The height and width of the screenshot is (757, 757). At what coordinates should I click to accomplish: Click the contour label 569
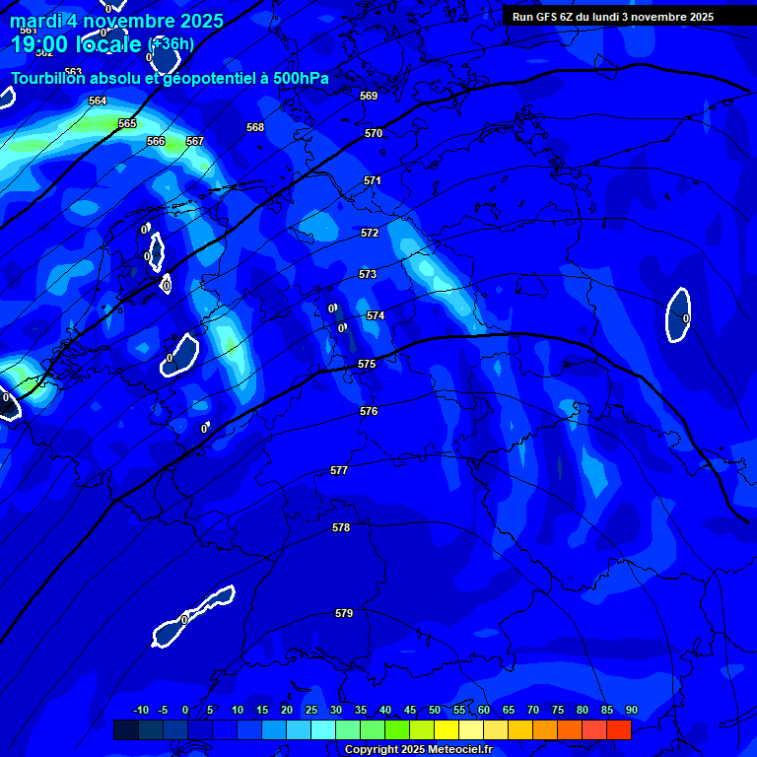point(369,96)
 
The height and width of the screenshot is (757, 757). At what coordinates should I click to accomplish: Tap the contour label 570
point(373,133)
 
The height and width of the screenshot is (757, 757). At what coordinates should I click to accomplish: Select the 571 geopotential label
point(372,180)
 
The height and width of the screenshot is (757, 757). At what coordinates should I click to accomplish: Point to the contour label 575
point(367,364)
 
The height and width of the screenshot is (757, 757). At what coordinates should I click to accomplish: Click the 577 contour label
point(339,470)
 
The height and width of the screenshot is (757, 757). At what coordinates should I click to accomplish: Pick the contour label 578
point(341,527)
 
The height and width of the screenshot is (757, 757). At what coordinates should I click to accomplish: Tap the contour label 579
point(344,613)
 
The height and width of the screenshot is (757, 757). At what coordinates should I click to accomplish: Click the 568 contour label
point(255,127)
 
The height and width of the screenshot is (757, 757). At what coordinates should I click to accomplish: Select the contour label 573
point(368,274)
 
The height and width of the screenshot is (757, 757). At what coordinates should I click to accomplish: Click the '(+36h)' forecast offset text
point(171,44)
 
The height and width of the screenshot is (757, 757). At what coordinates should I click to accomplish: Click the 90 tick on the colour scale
point(631,710)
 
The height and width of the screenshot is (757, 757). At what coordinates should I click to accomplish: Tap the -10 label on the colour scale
point(140,710)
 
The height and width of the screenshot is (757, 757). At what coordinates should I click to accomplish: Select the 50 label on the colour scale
point(435,710)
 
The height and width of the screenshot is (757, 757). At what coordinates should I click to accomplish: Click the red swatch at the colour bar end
point(618,729)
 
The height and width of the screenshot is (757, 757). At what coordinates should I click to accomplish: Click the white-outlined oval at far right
point(678,315)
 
